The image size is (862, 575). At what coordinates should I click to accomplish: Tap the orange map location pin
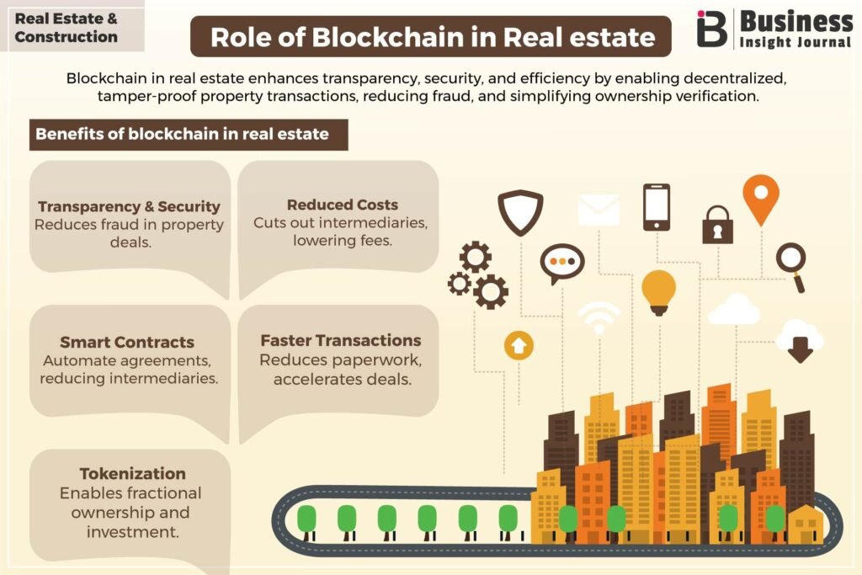761,199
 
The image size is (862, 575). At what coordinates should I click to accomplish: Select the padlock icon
717,226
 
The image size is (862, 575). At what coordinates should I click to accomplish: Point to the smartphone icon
657,207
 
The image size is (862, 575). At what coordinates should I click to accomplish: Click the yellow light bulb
658,292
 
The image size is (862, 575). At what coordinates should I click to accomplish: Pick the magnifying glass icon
792,267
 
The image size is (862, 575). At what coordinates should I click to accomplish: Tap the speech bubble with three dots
561,263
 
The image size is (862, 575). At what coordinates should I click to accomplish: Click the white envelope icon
599,210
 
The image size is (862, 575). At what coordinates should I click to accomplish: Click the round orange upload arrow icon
519,346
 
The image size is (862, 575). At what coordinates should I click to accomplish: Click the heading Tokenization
132,474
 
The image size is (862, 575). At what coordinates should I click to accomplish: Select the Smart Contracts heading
127,342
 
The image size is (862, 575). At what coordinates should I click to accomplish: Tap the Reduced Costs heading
343,205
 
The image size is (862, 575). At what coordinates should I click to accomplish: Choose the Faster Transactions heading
341,340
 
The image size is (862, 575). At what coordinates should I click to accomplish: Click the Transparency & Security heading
129,207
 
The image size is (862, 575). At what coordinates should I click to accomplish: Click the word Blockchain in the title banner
388,37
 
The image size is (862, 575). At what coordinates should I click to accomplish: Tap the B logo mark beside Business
712,28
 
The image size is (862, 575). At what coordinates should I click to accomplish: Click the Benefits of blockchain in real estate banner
189,135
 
